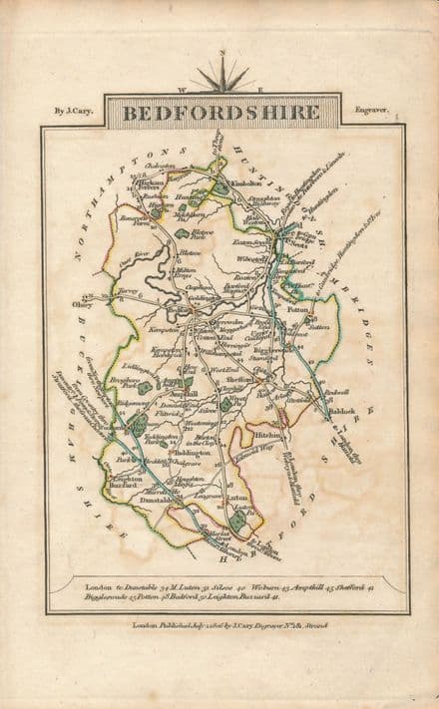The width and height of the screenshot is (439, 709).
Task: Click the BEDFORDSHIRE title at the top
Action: pyautogui.click(x=221, y=112)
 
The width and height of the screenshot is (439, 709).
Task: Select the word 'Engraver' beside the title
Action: pyautogui.click(x=371, y=113)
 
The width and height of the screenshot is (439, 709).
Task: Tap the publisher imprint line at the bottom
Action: pyautogui.click(x=221, y=624)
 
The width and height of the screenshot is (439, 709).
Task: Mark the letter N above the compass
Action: pyautogui.click(x=221, y=50)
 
